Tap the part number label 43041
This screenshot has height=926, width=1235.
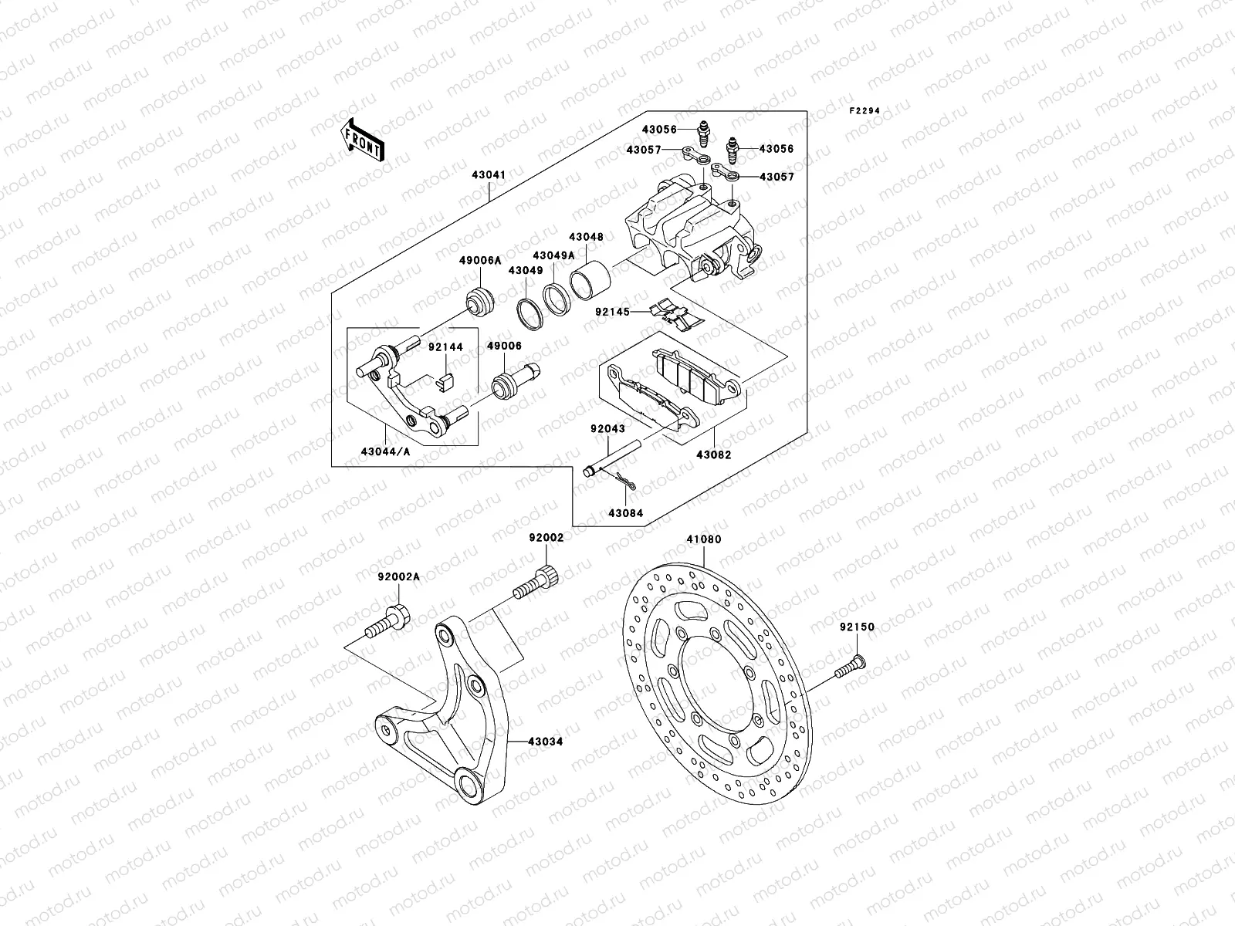click(x=489, y=175)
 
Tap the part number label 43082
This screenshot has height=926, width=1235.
click(x=713, y=455)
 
